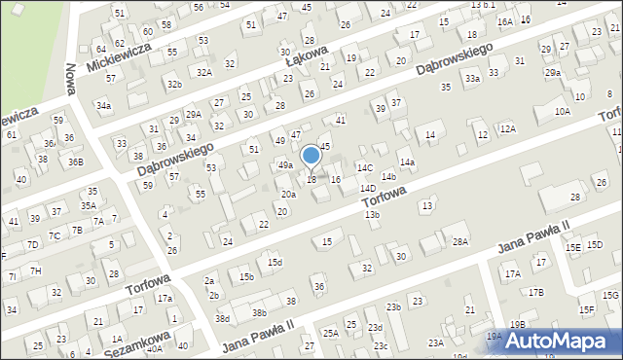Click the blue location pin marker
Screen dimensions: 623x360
[x=311, y=157]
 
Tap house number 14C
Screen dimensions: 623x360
[x=364, y=168]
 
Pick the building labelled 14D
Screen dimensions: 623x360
[x=367, y=188]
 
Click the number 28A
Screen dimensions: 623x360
[x=460, y=240]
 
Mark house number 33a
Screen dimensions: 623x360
[x=472, y=78]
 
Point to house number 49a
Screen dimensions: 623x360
[x=285, y=165]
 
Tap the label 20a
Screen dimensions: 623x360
[x=288, y=195]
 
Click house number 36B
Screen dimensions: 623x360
[x=75, y=162]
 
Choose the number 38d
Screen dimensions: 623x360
[x=223, y=318]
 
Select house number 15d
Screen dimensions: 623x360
[x=275, y=262]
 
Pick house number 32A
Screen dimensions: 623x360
[x=203, y=72]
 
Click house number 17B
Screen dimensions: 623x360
[x=535, y=292]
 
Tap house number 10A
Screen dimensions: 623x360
[x=562, y=111]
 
